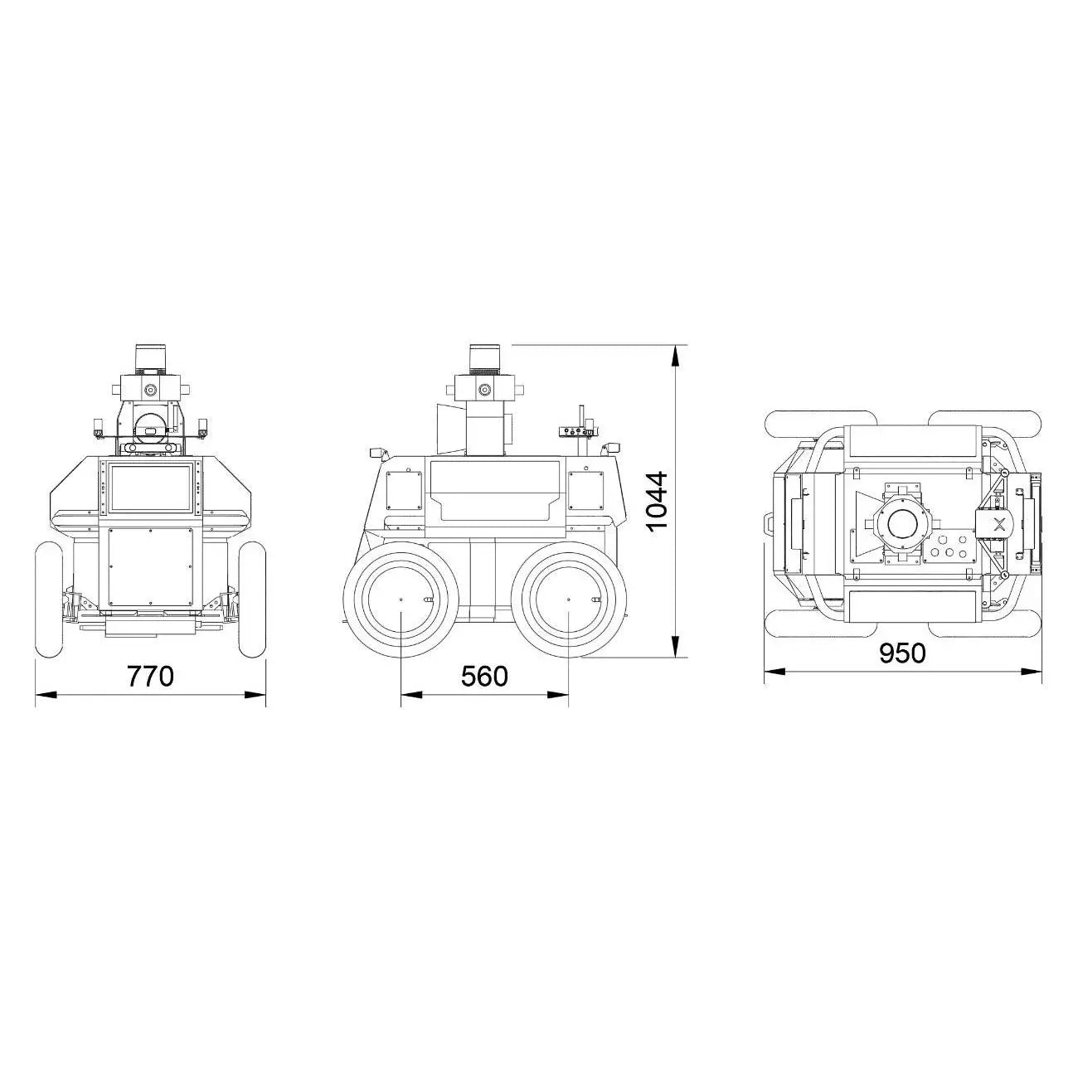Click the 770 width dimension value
pos(151,676)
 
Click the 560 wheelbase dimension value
pos(484,676)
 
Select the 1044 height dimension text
pos(658,501)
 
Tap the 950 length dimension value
pos(903,653)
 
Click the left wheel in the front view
pos(48,599)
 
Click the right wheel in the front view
pos(252,599)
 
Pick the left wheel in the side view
pos(401,600)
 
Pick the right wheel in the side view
pos(568,600)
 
